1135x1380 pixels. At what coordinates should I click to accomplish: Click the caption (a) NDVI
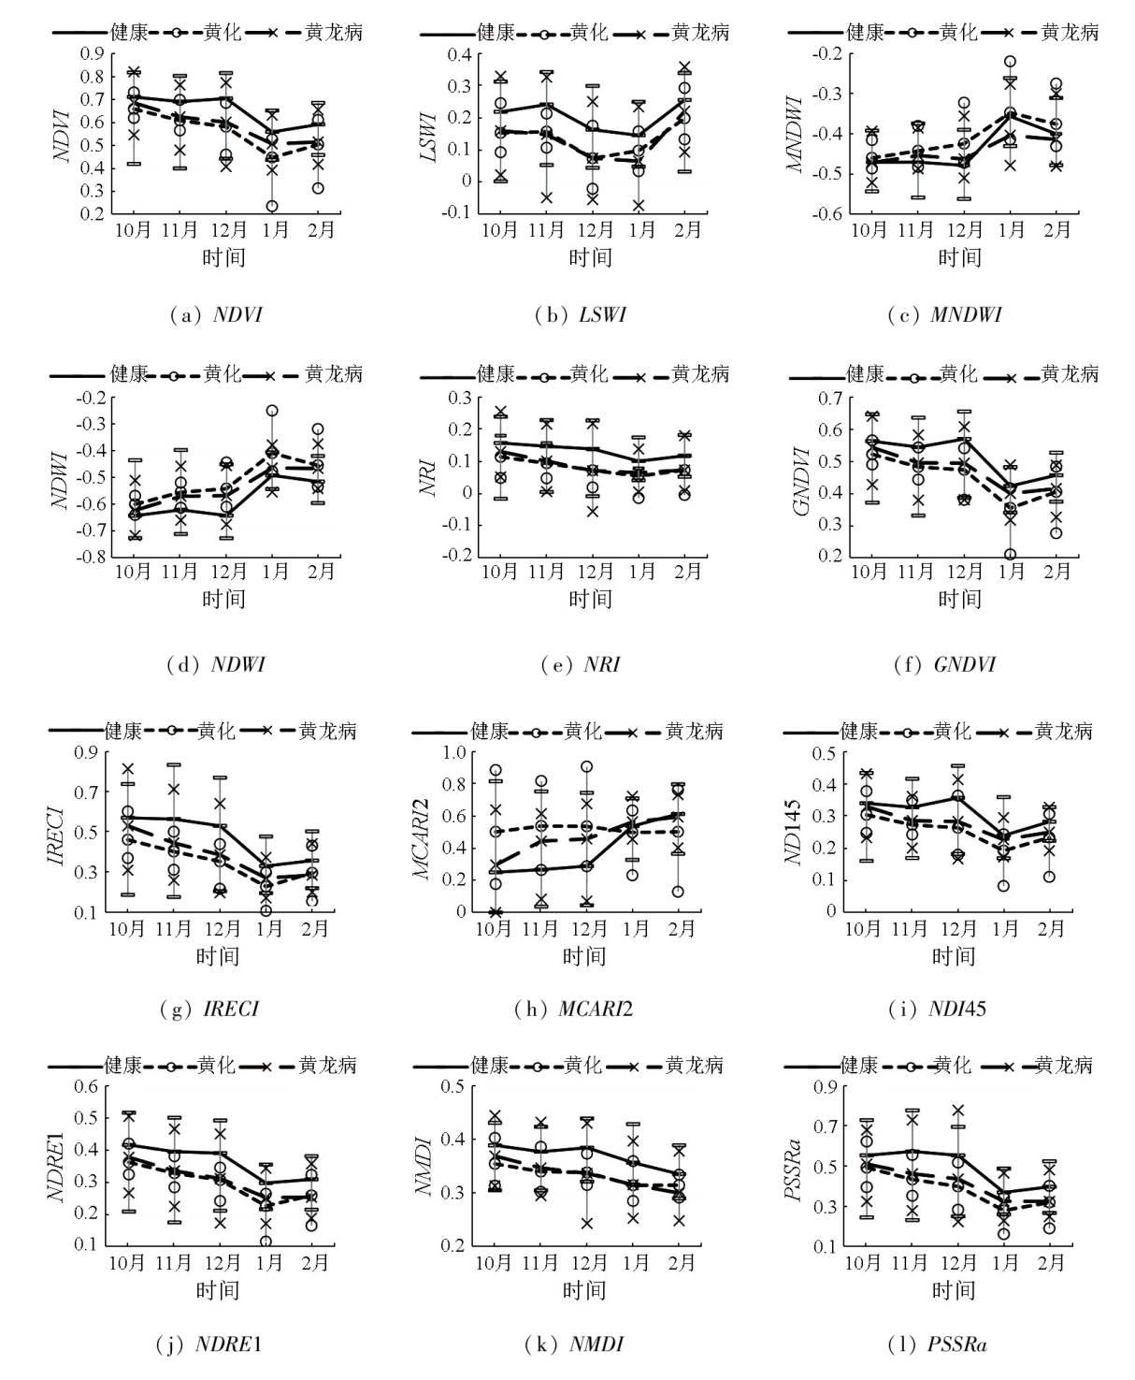point(223,315)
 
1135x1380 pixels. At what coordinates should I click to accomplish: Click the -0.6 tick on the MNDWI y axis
point(830,213)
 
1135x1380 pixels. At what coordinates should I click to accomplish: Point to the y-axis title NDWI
point(62,477)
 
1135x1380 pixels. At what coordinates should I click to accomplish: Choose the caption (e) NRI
point(581,665)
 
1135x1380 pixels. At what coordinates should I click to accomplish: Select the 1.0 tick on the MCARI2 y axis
point(454,752)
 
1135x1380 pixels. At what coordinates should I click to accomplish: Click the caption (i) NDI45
point(936,1009)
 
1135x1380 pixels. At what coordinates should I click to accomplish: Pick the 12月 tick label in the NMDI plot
point(589,1263)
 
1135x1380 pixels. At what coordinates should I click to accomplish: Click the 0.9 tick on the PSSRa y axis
point(823,1087)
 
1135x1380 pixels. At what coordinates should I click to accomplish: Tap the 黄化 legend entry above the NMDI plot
point(582,1065)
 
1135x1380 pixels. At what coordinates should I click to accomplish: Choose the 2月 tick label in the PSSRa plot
point(1051,1263)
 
